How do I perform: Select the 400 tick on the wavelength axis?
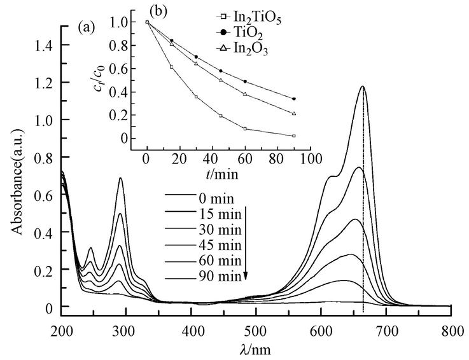pyautogui.click(x=192, y=331)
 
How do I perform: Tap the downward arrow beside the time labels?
pyautogui.click(x=246, y=242)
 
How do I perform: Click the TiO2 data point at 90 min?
pyautogui.click(x=293, y=99)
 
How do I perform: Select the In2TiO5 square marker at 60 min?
pyautogui.click(x=245, y=128)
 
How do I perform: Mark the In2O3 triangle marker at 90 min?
pyautogui.click(x=293, y=114)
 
